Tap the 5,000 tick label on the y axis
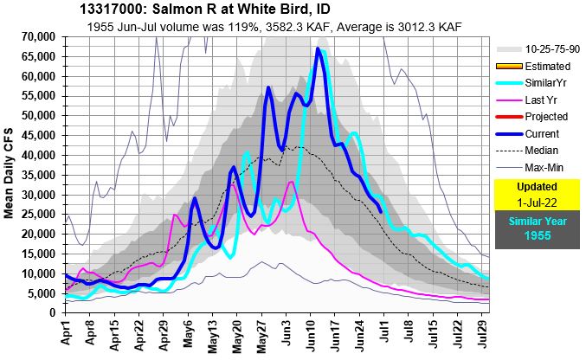(44, 293)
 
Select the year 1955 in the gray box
(537, 235)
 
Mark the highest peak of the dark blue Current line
(319, 49)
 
